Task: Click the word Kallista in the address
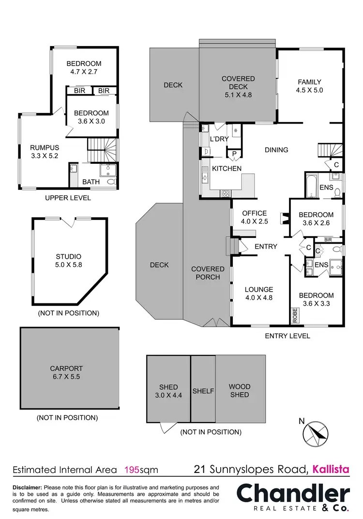[x=332, y=469]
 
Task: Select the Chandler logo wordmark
[x=293, y=494]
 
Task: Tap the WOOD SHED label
[x=240, y=391]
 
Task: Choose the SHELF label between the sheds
[x=203, y=391]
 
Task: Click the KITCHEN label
[x=227, y=169]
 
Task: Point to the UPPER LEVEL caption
[x=68, y=198]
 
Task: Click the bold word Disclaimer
[x=27, y=487]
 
